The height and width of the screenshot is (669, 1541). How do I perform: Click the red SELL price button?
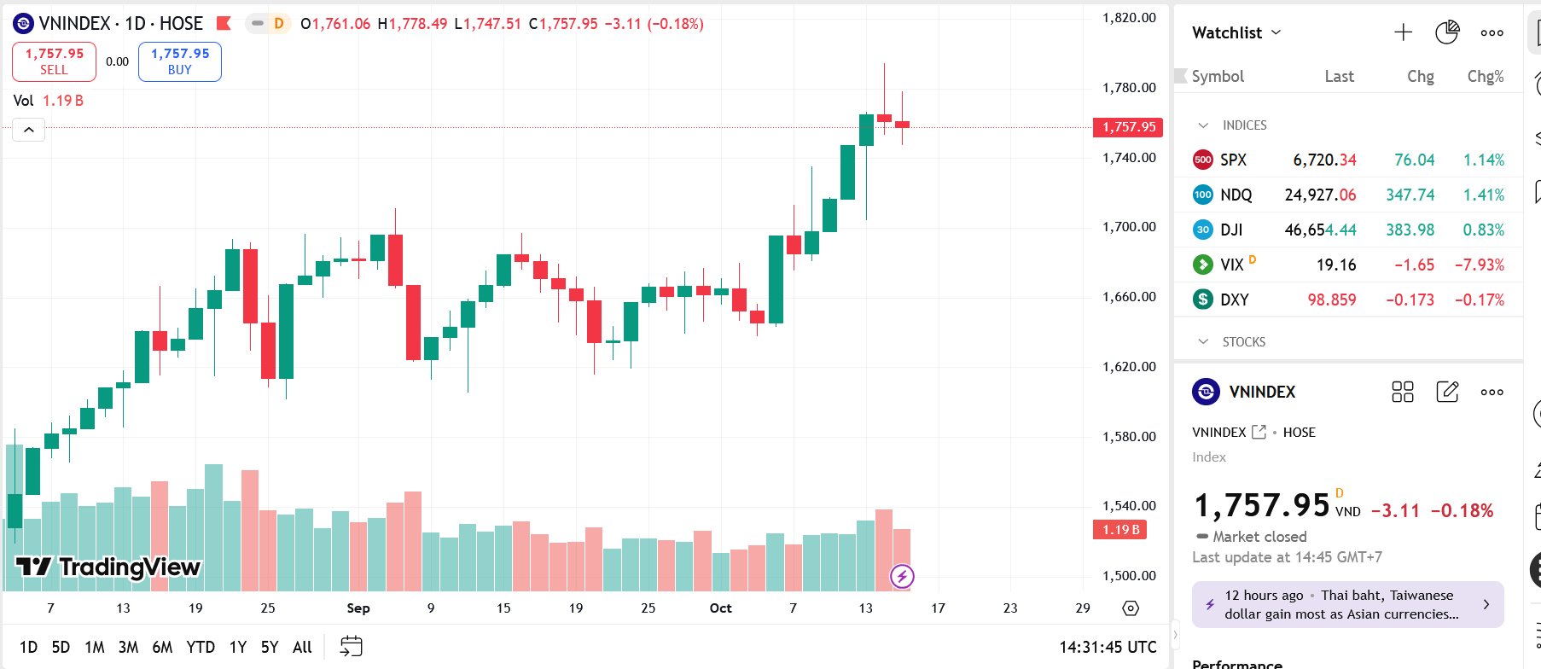pos(54,61)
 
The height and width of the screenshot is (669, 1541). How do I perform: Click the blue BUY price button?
pos(179,61)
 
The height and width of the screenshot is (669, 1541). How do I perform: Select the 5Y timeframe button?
pos(270,647)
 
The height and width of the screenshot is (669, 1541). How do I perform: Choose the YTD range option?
pos(201,647)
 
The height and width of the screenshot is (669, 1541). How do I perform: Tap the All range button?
pos(302,647)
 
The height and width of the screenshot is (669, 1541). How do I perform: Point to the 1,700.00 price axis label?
pos(1129,227)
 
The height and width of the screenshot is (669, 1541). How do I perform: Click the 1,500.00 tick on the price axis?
pos(1129,576)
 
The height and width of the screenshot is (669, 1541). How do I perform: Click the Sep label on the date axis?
pos(358,608)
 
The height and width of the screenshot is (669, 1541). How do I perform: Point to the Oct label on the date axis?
pos(720,608)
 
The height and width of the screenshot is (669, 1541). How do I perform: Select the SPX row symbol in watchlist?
pos(1233,160)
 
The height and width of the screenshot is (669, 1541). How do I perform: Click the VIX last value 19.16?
pos(1335,265)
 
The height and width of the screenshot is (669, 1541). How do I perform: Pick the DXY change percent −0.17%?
pos(1479,300)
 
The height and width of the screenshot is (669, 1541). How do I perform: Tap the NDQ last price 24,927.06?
pos(1320,195)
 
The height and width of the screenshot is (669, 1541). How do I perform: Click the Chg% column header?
pos(1485,77)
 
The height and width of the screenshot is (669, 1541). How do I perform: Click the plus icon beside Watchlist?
pos(1403,32)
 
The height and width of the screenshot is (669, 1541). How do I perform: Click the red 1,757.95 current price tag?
pos(1128,127)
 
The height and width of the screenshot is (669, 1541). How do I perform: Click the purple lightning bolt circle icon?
pos(902,577)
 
